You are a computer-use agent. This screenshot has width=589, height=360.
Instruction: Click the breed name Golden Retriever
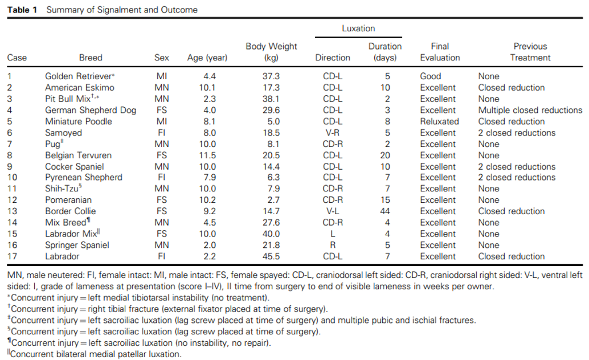(79, 76)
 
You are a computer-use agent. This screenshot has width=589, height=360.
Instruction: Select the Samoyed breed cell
(63, 133)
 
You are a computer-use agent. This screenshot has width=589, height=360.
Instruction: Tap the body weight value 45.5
(271, 256)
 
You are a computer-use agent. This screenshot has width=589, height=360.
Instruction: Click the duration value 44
(385, 211)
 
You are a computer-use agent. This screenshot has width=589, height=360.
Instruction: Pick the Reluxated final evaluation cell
(440, 121)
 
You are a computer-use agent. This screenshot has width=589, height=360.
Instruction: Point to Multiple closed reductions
(530, 110)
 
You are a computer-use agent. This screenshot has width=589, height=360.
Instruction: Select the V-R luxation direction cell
(333, 133)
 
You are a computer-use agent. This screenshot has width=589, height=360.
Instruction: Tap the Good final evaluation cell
(431, 76)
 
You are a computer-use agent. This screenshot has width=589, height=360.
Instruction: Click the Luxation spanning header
(358, 28)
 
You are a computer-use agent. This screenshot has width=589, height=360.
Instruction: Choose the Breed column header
(91, 58)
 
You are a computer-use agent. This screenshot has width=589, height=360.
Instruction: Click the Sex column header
(162, 58)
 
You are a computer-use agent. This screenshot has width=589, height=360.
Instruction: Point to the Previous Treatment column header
(530, 52)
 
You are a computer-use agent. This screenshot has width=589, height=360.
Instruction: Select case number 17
(12, 256)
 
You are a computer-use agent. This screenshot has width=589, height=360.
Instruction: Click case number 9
(10, 166)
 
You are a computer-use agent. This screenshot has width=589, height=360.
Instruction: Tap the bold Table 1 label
(22, 10)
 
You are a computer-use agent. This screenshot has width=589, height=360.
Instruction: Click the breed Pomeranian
(68, 200)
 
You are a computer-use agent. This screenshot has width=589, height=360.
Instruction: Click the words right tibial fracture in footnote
(126, 309)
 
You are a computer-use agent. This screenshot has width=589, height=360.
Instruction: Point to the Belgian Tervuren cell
(78, 155)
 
